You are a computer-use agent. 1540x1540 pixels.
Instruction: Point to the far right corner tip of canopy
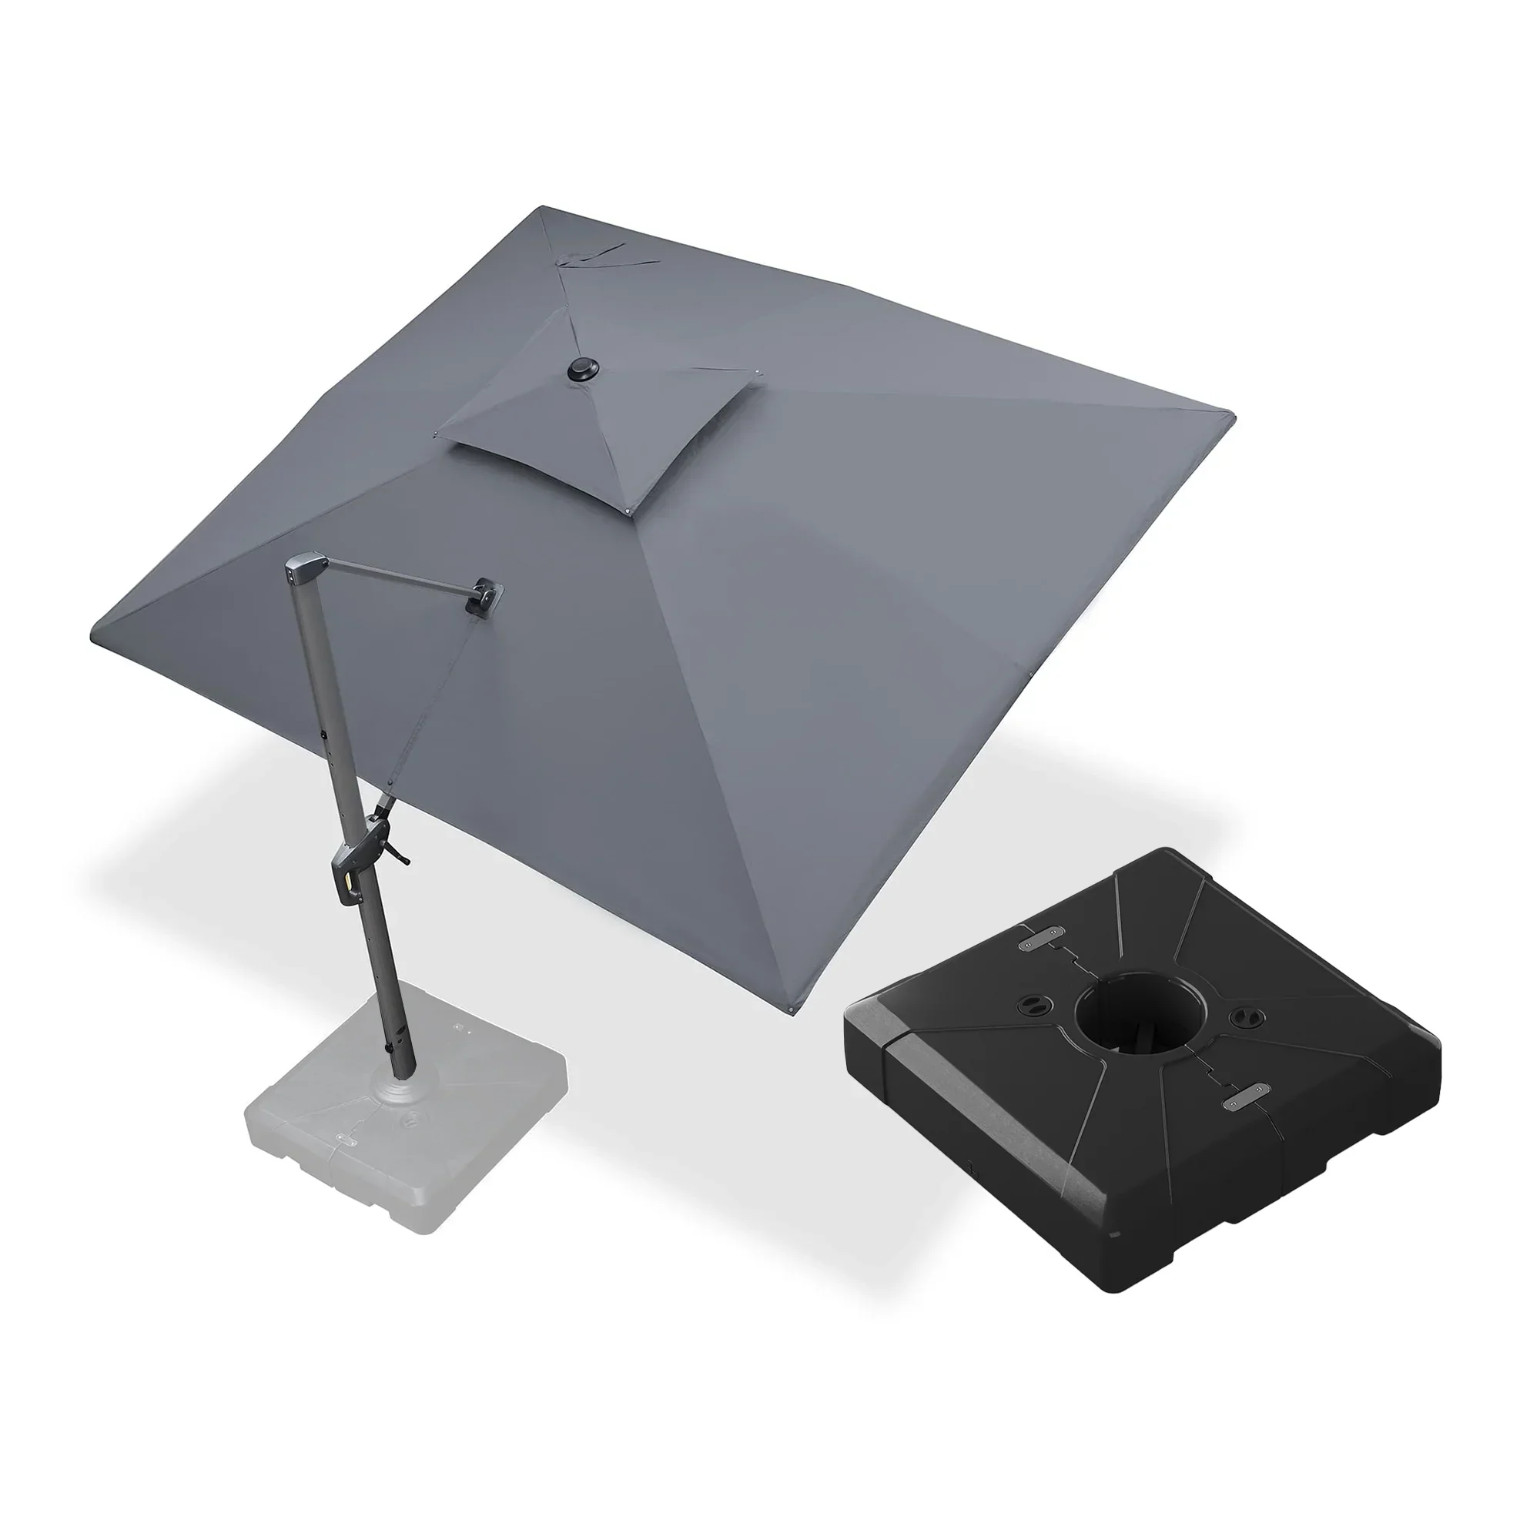[1232, 416]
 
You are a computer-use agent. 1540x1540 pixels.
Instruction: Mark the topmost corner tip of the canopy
[542, 208]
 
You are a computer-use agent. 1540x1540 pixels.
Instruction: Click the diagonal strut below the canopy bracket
[430, 709]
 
